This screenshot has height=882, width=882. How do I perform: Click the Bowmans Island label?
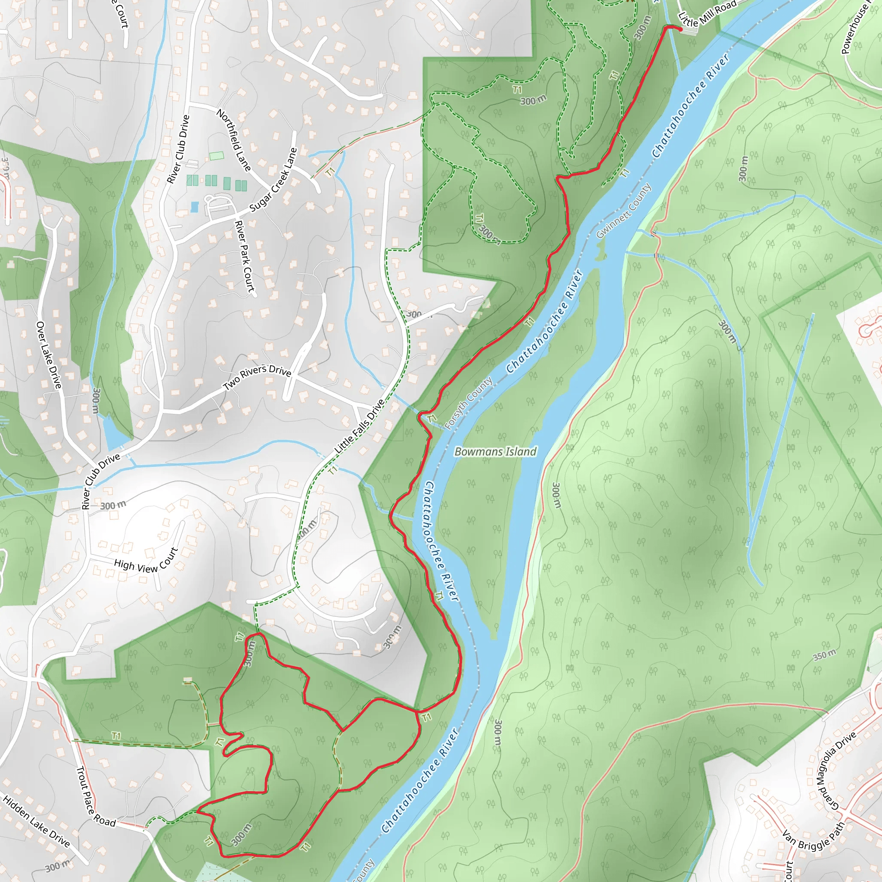coord(495,451)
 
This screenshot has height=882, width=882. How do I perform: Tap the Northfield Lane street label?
coord(234,140)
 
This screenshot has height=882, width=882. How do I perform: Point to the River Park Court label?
coord(244,256)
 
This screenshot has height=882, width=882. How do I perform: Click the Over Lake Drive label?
coord(49,355)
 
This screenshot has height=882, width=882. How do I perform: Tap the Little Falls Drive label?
coord(359,426)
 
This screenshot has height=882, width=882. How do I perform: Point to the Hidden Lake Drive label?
coord(37,821)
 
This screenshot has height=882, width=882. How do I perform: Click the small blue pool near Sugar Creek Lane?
coord(195,207)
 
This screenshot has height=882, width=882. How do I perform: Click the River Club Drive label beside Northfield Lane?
coord(178,149)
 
